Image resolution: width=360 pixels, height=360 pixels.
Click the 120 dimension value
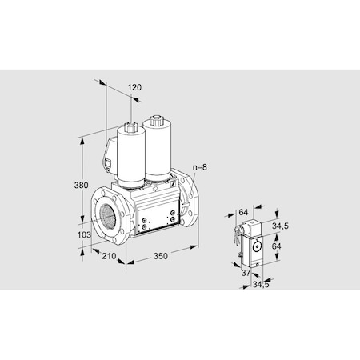point(134,87)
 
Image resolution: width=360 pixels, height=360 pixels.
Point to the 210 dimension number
point(110,258)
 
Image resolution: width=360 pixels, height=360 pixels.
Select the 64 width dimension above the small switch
point(243,212)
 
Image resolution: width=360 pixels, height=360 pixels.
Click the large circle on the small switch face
point(257,248)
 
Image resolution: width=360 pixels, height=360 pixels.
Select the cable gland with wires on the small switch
point(238,234)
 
